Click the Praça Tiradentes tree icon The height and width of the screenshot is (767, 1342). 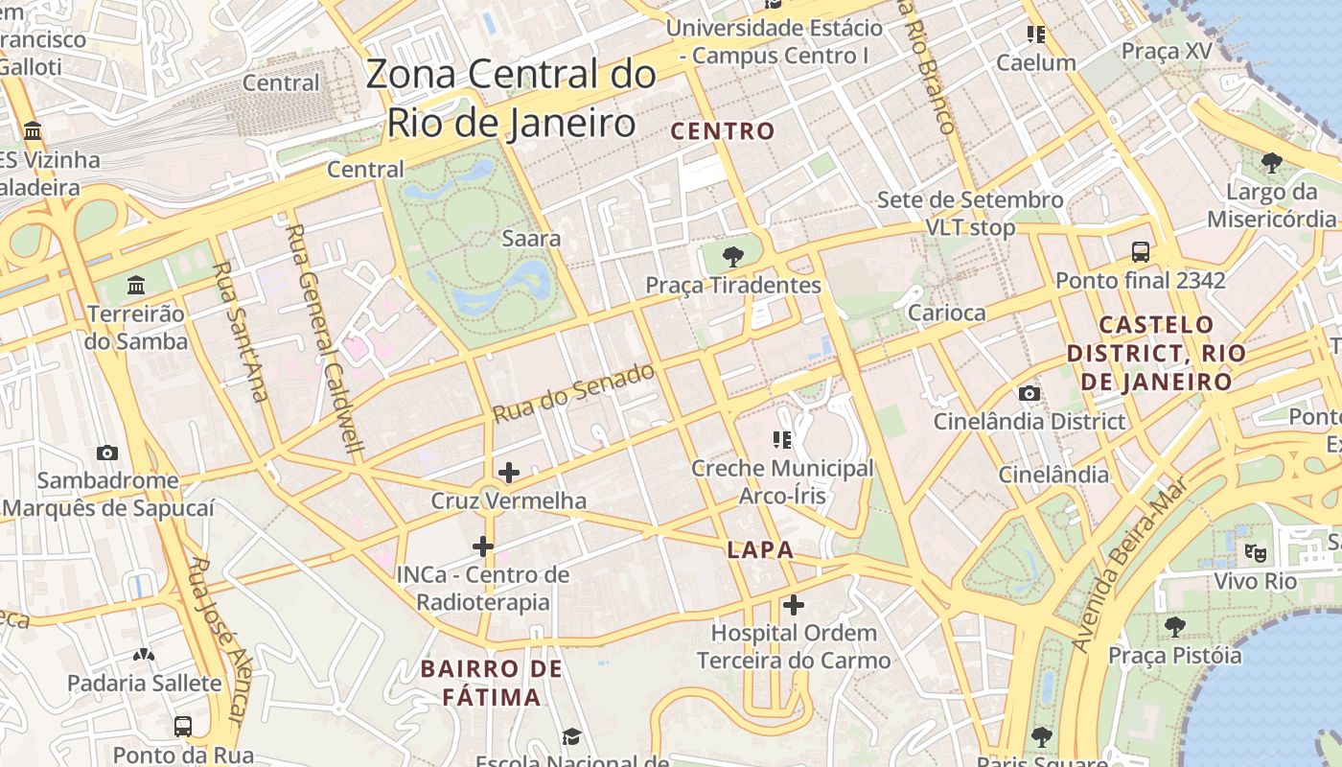tap(733, 256)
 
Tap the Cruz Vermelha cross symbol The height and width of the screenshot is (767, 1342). tap(509, 472)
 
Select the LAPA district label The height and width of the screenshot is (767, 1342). tap(760, 549)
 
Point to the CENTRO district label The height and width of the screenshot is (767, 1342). tap(723, 131)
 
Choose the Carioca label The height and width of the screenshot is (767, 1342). tap(946, 313)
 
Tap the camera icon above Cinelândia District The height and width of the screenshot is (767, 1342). tap(1029, 393)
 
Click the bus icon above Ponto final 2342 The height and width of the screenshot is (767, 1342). tap(1140, 252)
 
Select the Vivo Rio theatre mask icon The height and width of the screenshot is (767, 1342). tap(1254, 552)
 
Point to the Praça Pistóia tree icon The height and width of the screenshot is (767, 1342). tap(1174, 627)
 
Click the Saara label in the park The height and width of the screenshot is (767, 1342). tap(531, 238)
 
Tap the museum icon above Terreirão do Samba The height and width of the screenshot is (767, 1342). tap(136, 286)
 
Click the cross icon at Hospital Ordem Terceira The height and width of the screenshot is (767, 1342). tap(793, 605)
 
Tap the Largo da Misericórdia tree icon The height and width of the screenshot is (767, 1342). tap(1271, 163)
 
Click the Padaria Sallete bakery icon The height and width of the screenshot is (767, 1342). tap(144, 656)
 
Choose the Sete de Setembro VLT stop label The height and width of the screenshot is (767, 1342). tap(969, 214)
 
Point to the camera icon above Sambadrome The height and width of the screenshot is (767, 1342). tap(107, 453)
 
